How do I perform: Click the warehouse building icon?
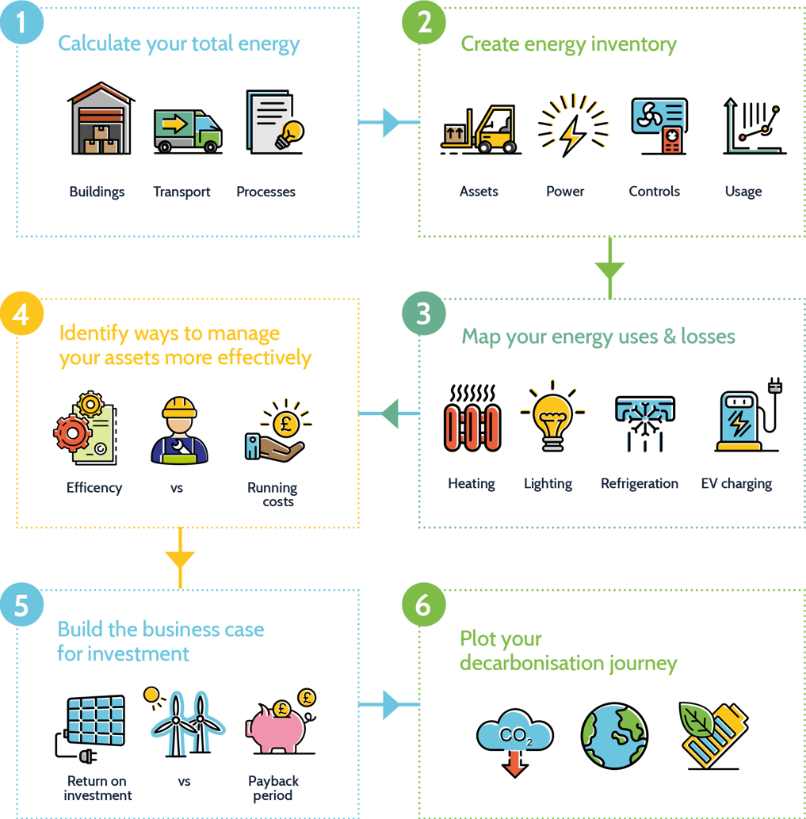(x=101, y=120)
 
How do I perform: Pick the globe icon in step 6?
(x=613, y=736)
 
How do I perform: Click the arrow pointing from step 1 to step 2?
(x=389, y=122)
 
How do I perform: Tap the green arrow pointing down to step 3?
(x=609, y=269)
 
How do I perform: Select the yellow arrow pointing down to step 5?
(x=180, y=559)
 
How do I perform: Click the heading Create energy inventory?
(x=568, y=44)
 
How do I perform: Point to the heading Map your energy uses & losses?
(x=598, y=337)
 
